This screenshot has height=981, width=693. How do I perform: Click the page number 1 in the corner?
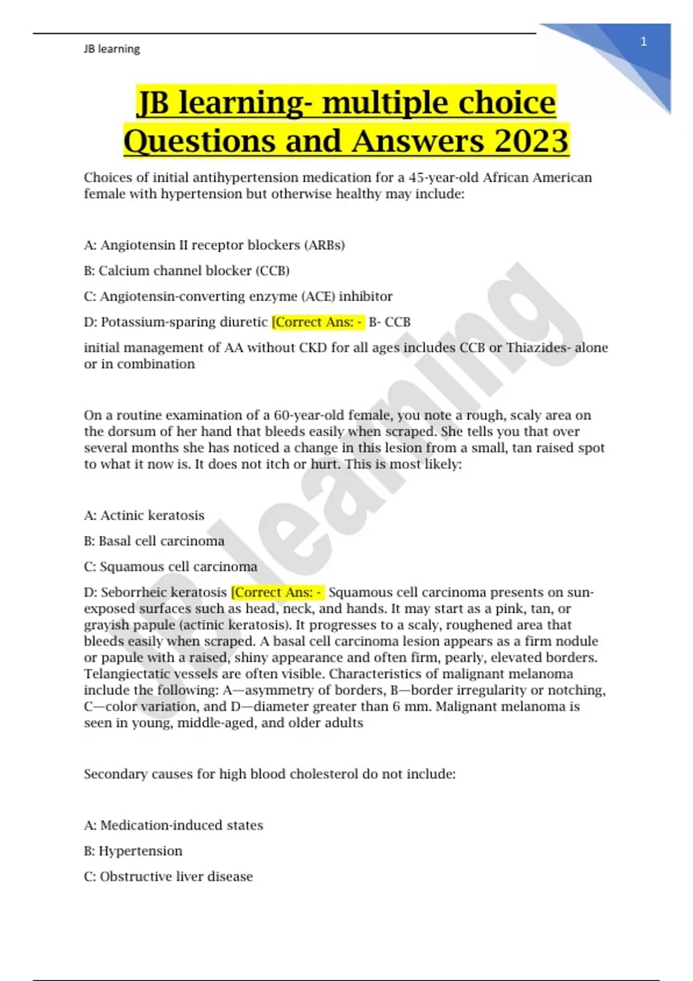pyautogui.click(x=643, y=42)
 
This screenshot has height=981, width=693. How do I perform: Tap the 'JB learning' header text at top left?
pyautogui.click(x=111, y=49)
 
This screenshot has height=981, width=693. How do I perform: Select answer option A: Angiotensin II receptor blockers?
pyautogui.click(x=214, y=245)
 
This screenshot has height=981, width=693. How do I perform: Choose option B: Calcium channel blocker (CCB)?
pyautogui.click(x=187, y=271)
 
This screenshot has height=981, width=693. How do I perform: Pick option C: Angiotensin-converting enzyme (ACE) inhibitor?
pyautogui.click(x=238, y=297)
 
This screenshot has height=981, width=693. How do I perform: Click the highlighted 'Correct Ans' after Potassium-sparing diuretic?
pyautogui.click(x=318, y=322)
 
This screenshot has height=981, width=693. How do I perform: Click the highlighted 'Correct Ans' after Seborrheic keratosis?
pyautogui.click(x=277, y=593)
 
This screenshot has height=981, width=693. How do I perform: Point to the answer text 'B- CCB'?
pyautogui.click(x=389, y=322)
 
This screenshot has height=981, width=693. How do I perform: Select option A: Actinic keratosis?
pyautogui.click(x=144, y=515)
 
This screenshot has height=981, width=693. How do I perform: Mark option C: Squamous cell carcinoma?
pyautogui.click(x=170, y=567)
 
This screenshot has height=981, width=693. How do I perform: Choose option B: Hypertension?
pyautogui.click(x=133, y=851)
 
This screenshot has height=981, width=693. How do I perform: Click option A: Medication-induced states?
pyautogui.click(x=173, y=825)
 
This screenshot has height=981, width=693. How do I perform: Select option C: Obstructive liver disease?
pyautogui.click(x=168, y=877)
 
